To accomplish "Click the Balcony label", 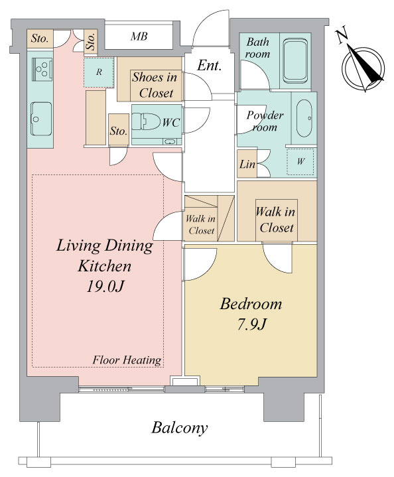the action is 180,428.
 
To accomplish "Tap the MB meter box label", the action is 139,36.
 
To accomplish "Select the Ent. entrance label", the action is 209,65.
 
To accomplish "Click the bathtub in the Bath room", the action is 295,60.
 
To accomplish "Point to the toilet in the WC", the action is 147,121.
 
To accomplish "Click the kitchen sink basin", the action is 41,119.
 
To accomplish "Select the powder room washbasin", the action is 304,118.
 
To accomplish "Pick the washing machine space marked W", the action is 300,161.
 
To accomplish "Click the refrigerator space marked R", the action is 99,72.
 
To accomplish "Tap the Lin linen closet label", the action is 247,165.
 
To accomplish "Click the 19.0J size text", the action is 105,286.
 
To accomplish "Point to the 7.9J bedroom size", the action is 251,324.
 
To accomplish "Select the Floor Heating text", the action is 127,360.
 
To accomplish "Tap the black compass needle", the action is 365,64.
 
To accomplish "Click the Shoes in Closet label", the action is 155,85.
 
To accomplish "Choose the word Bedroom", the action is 251,304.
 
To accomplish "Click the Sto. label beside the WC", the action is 118,131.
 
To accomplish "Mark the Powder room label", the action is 264,121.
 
